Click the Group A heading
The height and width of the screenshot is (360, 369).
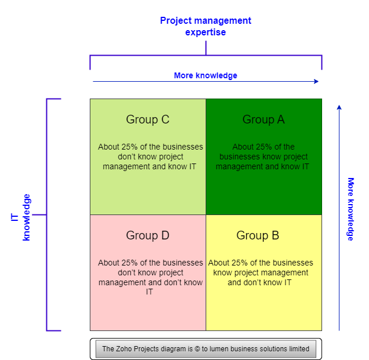coord(264,119)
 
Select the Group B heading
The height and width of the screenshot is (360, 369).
coord(258,235)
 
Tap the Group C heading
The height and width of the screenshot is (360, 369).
coord(148,119)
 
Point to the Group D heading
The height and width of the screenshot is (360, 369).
coord(148,235)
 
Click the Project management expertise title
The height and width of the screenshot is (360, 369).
coord(206,26)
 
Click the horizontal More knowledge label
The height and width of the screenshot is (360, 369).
coord(206,75)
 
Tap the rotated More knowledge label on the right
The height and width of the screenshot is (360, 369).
coord(350,209)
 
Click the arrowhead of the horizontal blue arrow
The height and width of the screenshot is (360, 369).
coord(316,81)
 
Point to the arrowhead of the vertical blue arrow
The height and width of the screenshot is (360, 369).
coord(339,107)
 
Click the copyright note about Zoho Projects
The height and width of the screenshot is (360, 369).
coord(206,349)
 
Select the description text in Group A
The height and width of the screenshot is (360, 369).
coord(263,157)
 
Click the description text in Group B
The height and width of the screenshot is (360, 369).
coord(260,272)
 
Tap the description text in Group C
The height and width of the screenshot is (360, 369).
coord(151,157)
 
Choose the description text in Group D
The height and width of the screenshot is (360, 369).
coord(151,277)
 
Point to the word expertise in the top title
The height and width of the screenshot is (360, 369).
coord(206,32)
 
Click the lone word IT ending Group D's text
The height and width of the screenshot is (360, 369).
coord(149,292)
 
